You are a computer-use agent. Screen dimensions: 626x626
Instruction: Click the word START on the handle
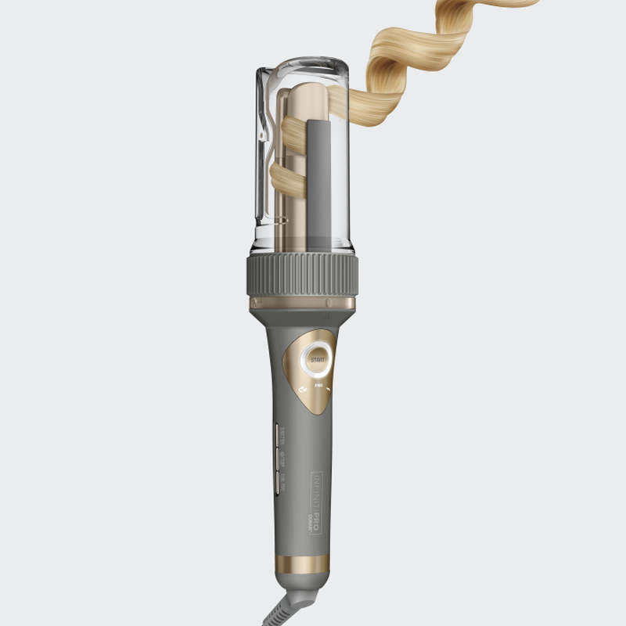tap(316, 360)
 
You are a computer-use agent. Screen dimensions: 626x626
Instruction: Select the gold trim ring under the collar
tap(302, 303)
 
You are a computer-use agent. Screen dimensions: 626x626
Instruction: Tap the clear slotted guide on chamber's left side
tap(266, 156)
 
